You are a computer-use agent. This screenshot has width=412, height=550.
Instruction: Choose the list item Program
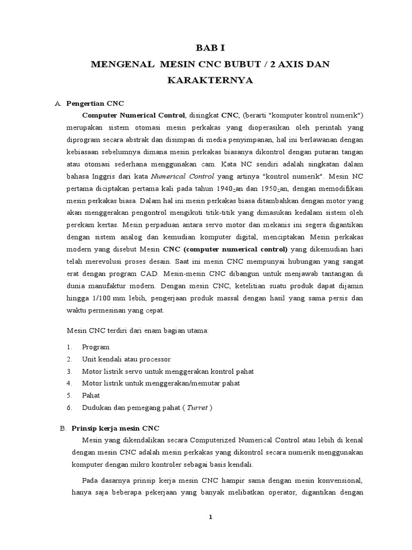pyautogui.click(x=95, y=347)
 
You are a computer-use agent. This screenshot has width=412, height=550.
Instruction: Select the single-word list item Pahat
pyautogui.click(x=91, y=395)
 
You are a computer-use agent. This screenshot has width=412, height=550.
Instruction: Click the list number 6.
pyautogui.click(x=69, y=408)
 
